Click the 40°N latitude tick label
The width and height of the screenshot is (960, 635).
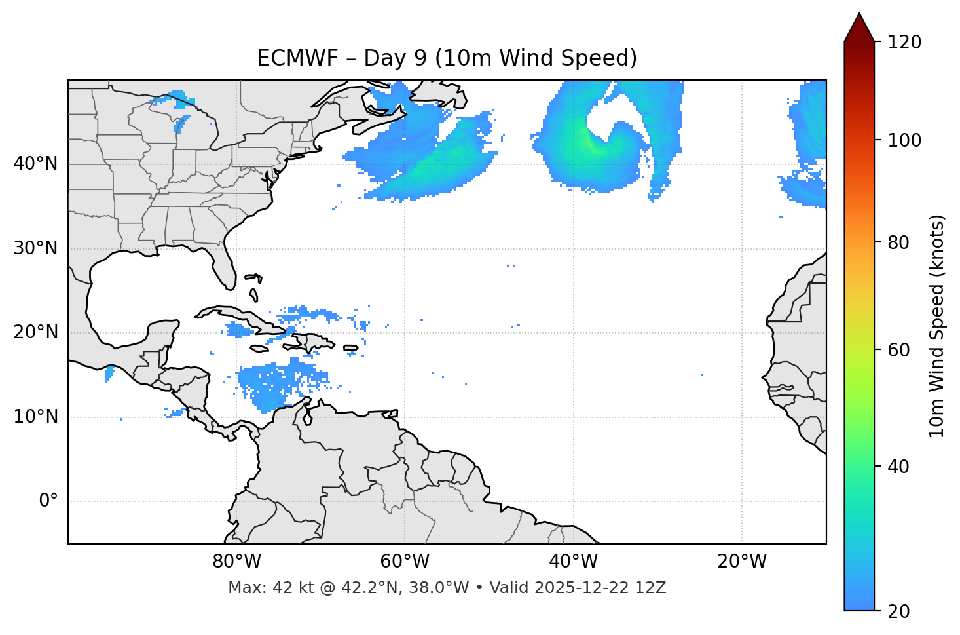click(x=35, y=164)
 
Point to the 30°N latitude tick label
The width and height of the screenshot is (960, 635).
click(x=35, y=248)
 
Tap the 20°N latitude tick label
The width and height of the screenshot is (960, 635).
click(x=35, y=332)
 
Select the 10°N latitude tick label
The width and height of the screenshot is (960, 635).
click(x=35, y=417)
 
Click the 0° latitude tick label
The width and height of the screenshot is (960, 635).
click(x=48, y=501)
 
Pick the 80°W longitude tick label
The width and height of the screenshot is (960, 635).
click(x=236, y=562)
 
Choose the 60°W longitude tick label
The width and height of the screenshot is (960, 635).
click(x=405, y=562)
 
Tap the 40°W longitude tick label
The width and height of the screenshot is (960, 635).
click(x=573, y=562)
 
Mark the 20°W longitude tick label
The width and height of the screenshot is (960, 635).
click(x=741, y=562)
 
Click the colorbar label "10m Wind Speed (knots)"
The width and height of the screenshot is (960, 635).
click(x=937, y=326)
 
